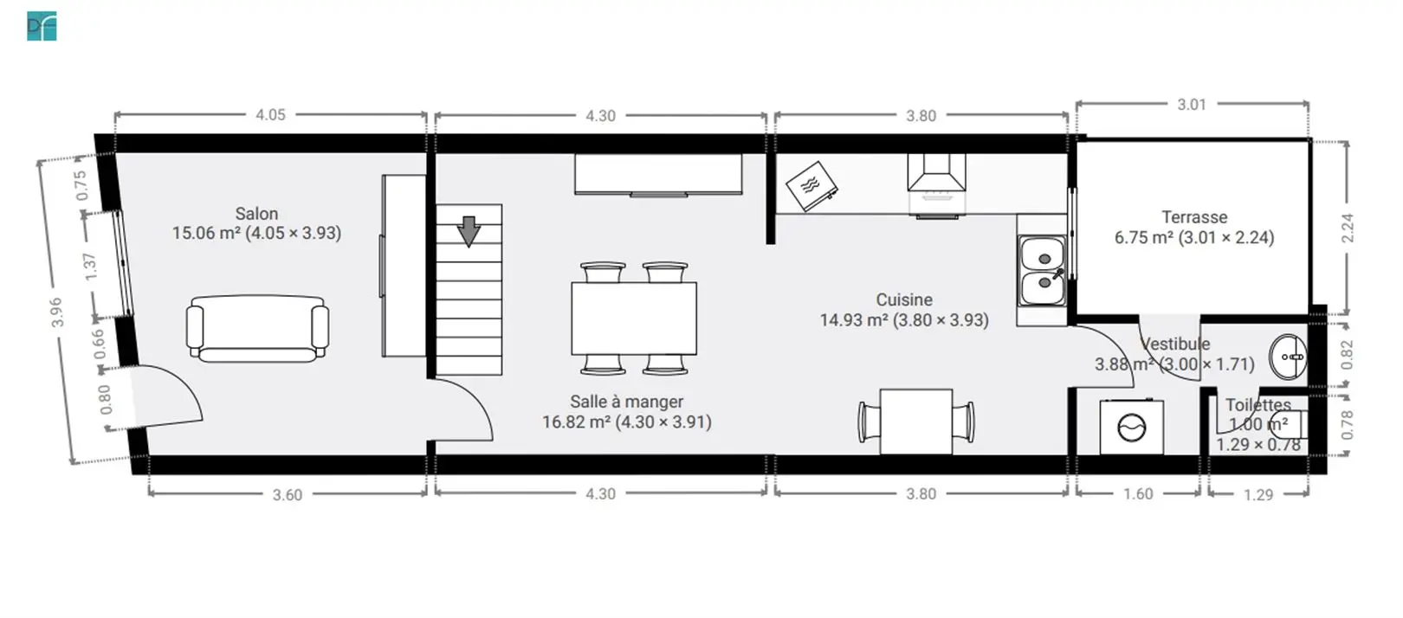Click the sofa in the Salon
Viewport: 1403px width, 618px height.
coord(257,329)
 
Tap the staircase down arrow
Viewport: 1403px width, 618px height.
coord(469,231)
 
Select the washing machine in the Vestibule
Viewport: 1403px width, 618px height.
coord(1132,428)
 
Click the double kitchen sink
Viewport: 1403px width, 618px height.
coord(1043,271)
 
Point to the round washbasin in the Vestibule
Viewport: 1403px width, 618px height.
coord(1289,357)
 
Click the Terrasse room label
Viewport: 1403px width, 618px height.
coord(1194,217)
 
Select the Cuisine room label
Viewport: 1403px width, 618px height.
coord(904,300)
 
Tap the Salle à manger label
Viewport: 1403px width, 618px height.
coord(626,402)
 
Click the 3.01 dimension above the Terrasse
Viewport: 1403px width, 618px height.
coord(1192,105)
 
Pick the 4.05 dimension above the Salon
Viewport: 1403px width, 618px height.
coord(270,114)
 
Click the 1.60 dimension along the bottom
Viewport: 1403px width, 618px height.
coord(1138,494)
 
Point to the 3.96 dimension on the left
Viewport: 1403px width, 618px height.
coord(56,312)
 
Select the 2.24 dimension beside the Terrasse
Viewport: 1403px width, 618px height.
coord(1348,228)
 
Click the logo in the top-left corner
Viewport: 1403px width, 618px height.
coord(42,26)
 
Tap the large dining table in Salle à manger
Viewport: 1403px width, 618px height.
coord(634,319)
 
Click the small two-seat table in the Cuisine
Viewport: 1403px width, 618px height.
coord(915,422)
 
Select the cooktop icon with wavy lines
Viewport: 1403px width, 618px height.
coord(811,186)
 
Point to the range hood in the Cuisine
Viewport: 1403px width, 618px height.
coord(936,173)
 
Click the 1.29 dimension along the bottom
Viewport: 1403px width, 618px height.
coord(1258,494)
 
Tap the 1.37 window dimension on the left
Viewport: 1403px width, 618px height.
coord(90,267)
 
